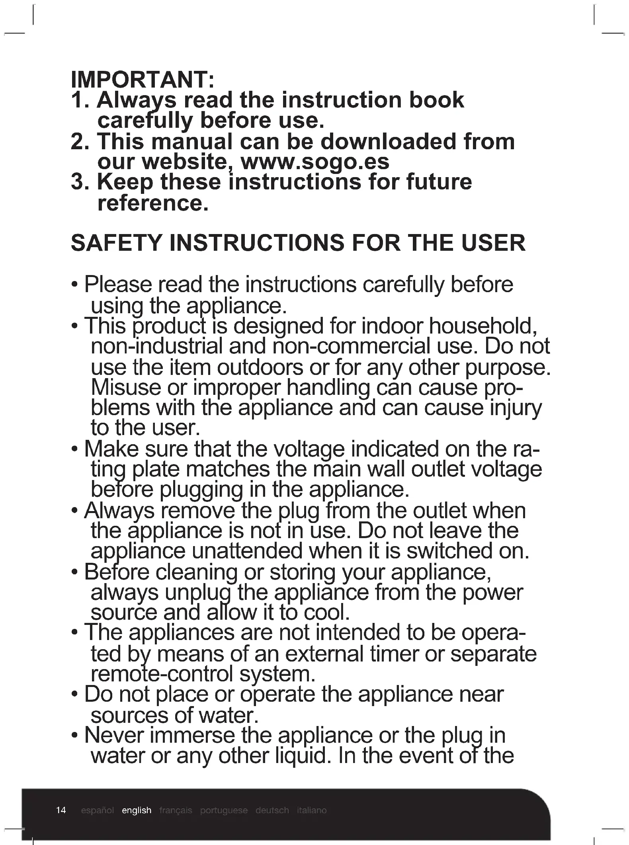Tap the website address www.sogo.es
pos(315,162)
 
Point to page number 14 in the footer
pos(61,810)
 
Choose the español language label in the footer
pos(97,810)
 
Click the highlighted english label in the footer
pos(137,810)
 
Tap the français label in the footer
pos(176,810)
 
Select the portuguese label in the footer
pos(224,810)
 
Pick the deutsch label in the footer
pos(272,810)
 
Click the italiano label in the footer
pos(312,810)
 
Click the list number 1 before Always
pos(78,100)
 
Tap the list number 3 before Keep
pos(78,182)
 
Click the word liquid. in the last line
pos(303,755)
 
